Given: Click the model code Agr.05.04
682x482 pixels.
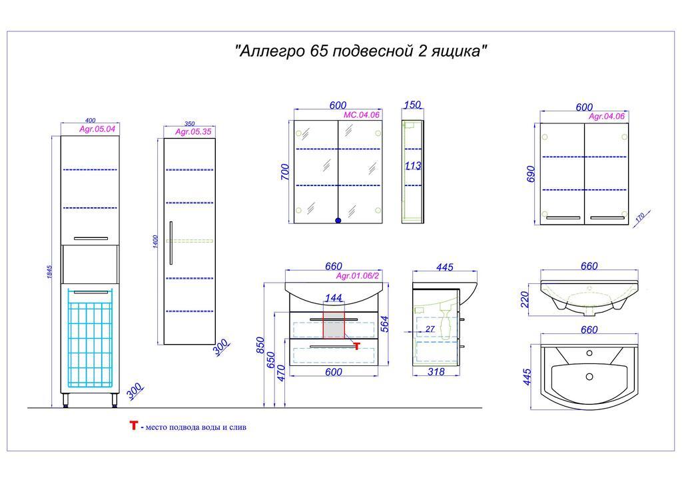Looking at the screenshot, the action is pyautogui.click(x=97, y=129).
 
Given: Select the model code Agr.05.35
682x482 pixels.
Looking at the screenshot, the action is pyautogui.click(x=193, y=131).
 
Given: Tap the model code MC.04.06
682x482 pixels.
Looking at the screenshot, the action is pyautogui.click(x=362, y=115).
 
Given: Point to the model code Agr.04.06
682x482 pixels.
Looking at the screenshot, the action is pyautogui.click(x=606, y=116).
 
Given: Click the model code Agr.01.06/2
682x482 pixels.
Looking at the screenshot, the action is pyautogui.click(x=358, y=276).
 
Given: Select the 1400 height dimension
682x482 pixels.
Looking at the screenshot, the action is pyautogui.click(x=155, y=241).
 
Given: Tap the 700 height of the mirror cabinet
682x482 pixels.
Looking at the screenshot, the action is pyautogui.click(x=285, y=172).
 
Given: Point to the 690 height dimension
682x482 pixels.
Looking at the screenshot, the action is pyautogui.click(x=531, y=175).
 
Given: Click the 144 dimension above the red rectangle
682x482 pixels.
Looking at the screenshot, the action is pyautogui.click(x=333, y=298).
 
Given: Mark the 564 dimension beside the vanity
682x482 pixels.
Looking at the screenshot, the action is pyautogui.click(x=384, y=324).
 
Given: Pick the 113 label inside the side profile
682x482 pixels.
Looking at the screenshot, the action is pyautogui.click(x=413, y=165).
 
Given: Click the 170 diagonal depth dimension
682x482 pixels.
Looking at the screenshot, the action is pyautogui.click(x=640, y=218).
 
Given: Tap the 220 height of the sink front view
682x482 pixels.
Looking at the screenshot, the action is pyautogui.click(x=525, y=299).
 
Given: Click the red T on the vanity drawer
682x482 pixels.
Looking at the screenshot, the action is pyautogui.click(x=357, y=346).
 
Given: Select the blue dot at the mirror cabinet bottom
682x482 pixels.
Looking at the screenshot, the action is pyautogui.click(x=338, y=221).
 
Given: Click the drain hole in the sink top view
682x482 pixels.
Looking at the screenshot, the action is pyautogui.click(x=589, y=376).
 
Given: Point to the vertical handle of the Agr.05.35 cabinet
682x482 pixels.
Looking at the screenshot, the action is pyautogui.click(x=171, y=243).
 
